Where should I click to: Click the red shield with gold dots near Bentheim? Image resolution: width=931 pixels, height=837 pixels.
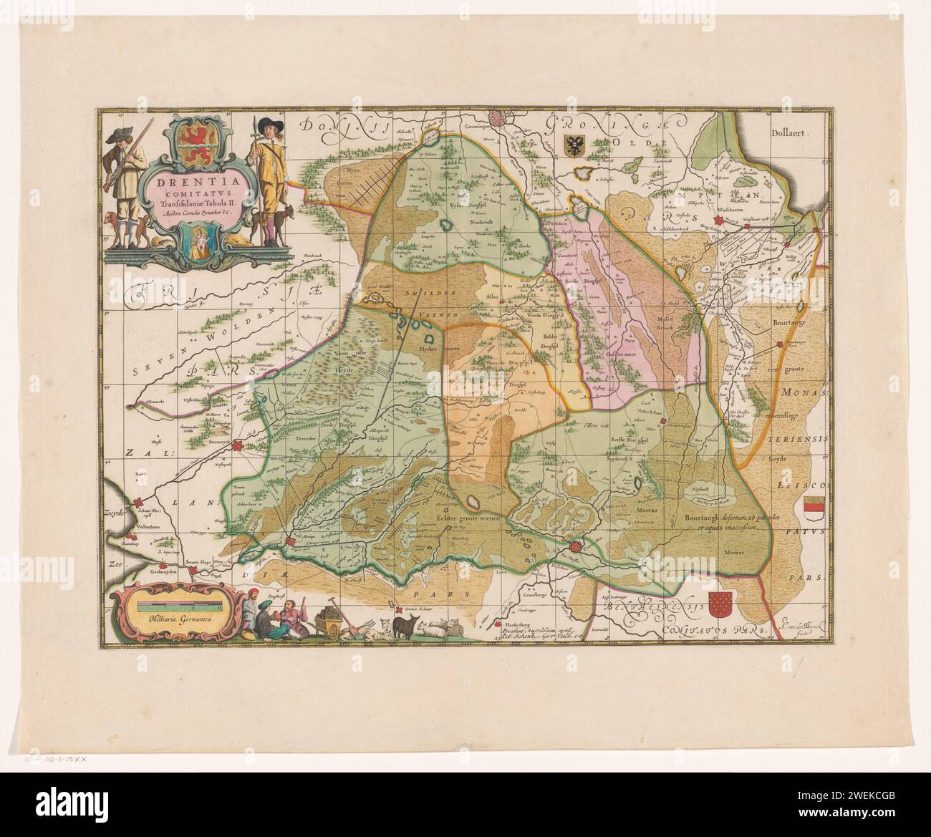[x=720, y=606]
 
